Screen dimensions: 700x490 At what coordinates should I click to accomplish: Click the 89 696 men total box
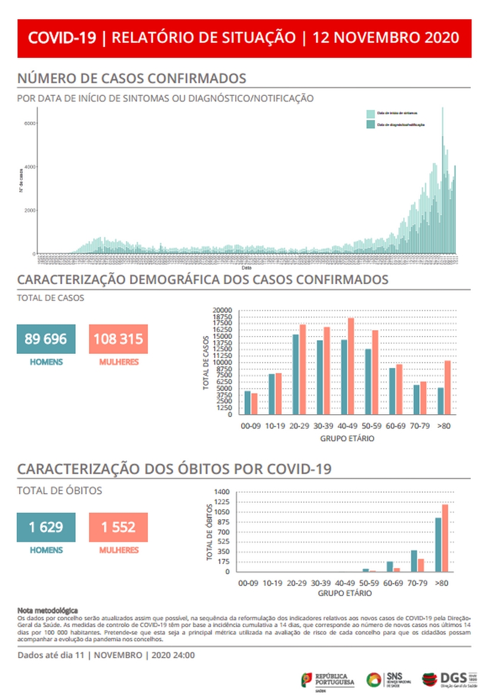(x=46, y=339)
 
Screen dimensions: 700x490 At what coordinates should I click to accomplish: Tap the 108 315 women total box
(x=118, y=339)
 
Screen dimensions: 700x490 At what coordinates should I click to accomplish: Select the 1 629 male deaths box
(x=46, y=527)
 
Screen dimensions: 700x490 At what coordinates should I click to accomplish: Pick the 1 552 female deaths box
(x=118, y=527)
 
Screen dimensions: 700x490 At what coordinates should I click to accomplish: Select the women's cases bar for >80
(x=447, y=387)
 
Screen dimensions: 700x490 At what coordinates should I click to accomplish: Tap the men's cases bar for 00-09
(x=247, y=402)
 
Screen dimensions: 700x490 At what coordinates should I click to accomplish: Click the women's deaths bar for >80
(x=445, y=538)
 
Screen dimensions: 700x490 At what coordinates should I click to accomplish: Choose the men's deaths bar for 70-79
(x=414, y=560)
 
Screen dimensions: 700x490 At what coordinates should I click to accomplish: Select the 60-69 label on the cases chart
(x=395, y=427)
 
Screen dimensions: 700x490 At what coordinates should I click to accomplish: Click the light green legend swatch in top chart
(x=371, y=113)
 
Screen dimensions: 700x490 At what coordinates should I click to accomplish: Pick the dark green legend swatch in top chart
(x=371, y=124)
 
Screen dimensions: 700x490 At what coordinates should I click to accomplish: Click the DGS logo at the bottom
(x=447, y=679)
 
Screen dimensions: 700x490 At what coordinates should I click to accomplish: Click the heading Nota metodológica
(x=48, y=610)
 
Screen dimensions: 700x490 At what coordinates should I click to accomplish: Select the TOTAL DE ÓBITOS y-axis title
(x=210, y=532)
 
